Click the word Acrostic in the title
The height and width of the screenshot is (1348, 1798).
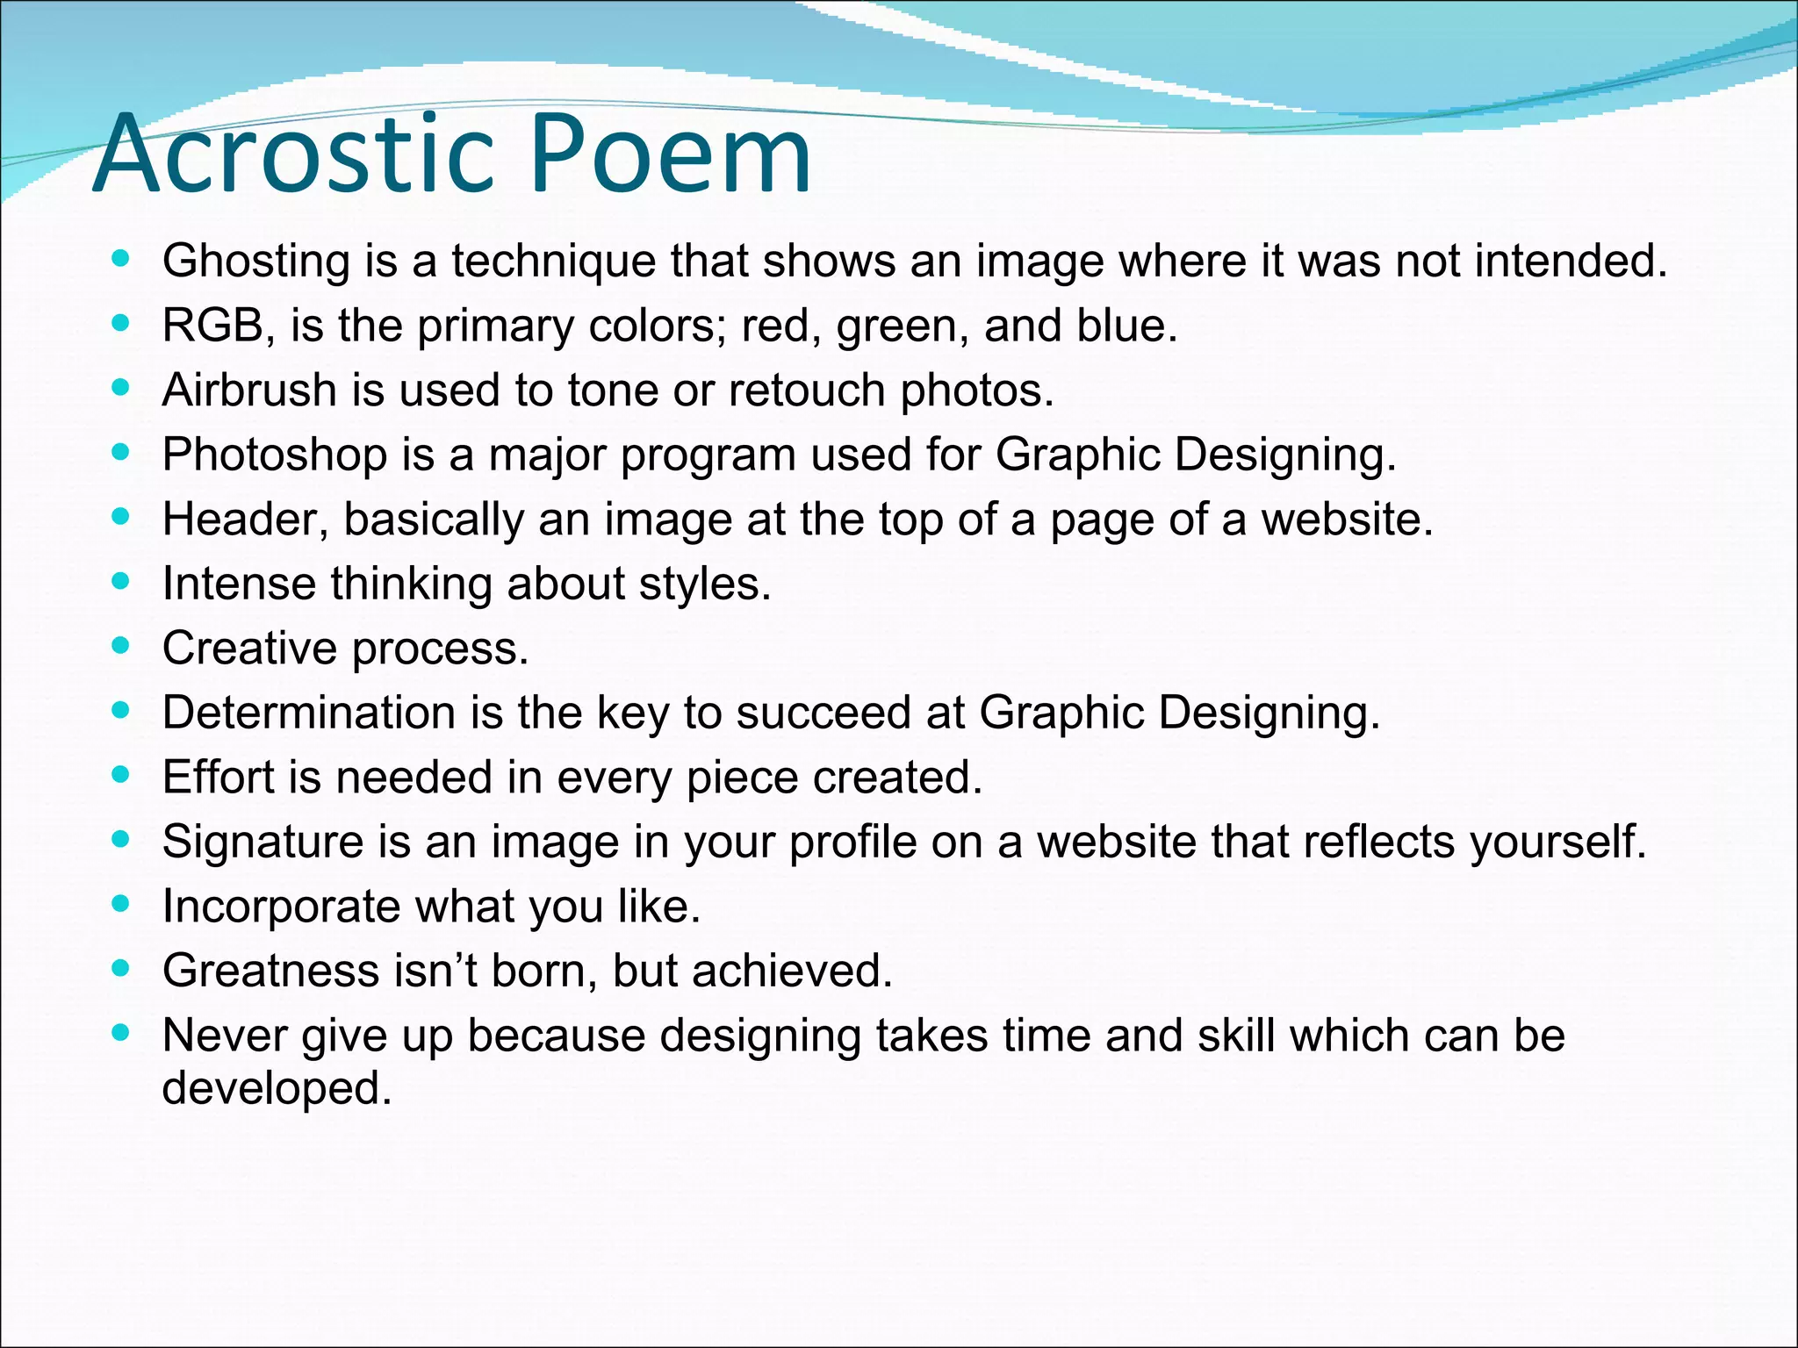tap(294, 156)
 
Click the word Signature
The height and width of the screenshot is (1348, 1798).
tap(263, 842)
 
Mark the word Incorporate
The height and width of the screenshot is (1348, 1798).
tap(281, 907)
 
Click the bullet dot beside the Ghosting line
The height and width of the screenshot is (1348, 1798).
tap(121, 259)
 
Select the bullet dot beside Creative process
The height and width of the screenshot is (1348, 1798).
tap(121, 646)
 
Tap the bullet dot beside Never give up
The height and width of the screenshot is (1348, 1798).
tap(121, 1033)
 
